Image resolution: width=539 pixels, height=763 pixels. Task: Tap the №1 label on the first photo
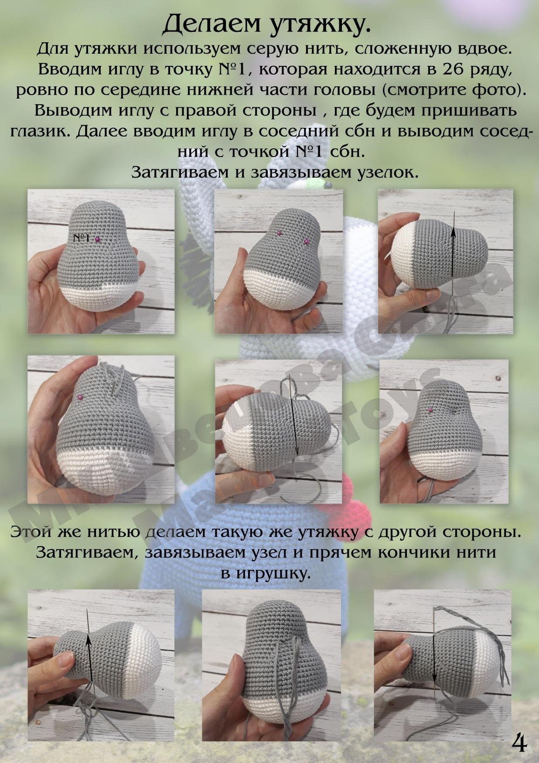82,238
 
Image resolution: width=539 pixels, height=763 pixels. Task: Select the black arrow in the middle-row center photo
293,419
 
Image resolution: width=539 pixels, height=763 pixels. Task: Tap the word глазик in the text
39,132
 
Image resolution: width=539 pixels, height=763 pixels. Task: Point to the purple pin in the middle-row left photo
80,397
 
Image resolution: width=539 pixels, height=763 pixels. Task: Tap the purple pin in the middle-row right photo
430,410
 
